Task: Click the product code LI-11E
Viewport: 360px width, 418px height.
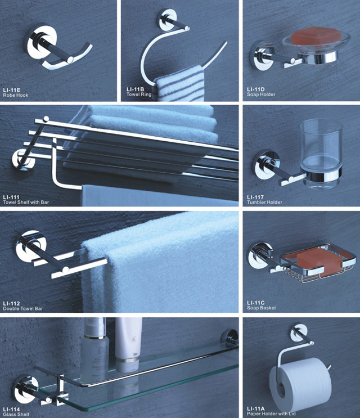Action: click(x=11, y=90)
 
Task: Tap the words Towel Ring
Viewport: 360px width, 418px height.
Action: click(x=138, y=95)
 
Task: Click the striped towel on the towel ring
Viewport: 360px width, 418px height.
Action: click(x=179, y=83)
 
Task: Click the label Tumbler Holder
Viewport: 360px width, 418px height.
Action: click(x=264, y=203)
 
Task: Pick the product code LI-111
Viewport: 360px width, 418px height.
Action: click(x=11, y=197)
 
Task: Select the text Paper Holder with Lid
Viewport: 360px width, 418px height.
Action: click(x=271, y=413)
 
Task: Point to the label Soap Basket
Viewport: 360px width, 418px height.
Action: click(x=262, y=308)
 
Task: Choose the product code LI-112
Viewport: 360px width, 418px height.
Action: click(x=11, y=304)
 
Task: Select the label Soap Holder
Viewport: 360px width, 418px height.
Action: click(x=261, y=95)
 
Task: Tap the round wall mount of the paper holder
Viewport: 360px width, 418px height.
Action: click(x=298, y=332)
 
